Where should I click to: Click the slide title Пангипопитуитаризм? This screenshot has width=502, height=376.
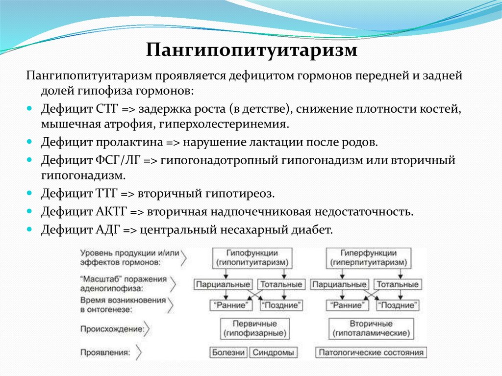pos(251,50)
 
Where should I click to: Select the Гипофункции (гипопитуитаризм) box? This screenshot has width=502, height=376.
pos(252,258)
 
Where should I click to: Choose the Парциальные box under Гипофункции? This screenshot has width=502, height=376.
pos(224,284)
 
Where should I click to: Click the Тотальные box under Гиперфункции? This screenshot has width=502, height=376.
pos(397,284)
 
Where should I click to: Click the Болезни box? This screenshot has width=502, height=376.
pos(228,352)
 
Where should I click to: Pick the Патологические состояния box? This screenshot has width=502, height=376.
pos(371,352)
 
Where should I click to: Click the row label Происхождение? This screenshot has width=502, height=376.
pos(112,329)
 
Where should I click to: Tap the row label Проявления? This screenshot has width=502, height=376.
pos(106,352)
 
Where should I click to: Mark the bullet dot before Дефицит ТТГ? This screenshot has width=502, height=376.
pos(30,195)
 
